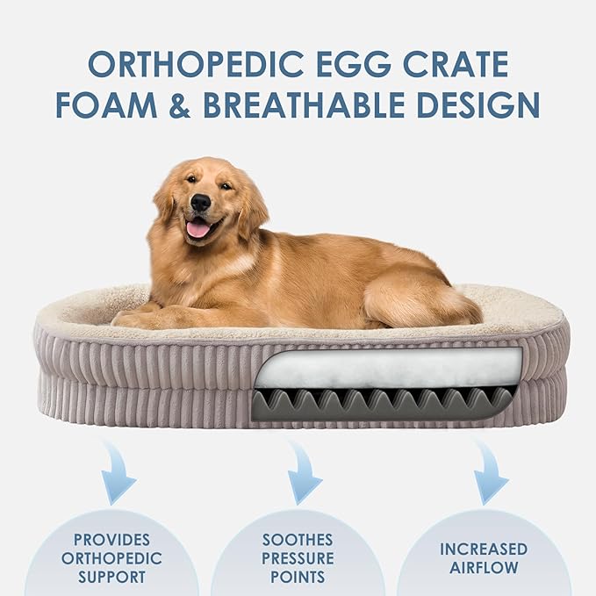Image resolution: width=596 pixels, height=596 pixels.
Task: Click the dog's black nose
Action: (200, 203)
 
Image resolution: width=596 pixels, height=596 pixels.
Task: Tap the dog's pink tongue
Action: (198, 229)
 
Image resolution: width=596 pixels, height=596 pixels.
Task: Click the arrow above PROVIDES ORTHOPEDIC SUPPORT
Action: (116, 472)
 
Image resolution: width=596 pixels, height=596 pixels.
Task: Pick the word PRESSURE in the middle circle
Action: (298, 558)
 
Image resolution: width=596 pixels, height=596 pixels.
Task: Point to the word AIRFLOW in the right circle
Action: (484, 568)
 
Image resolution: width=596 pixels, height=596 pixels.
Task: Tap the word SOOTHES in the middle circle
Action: (298, 539)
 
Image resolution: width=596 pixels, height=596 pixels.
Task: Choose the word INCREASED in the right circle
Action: (484, 549)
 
